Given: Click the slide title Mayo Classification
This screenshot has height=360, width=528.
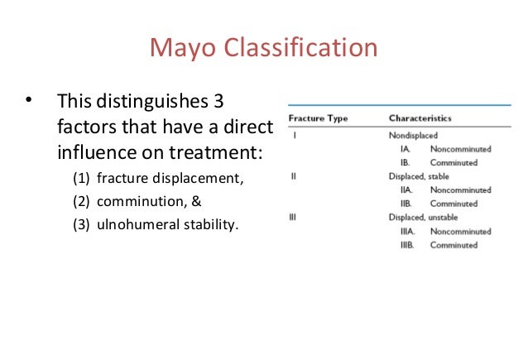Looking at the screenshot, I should [263, 47].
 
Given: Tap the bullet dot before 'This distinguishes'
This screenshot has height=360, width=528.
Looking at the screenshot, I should [28, 103].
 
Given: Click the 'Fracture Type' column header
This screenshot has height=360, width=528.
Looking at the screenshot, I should [318, 119].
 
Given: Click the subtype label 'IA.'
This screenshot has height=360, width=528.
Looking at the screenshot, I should [406, 148].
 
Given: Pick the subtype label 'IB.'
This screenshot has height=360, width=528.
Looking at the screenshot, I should [406, 162].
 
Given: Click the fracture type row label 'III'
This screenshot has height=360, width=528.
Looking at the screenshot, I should [294, 217].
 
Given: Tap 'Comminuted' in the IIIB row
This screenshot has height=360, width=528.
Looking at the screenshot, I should [454, 245].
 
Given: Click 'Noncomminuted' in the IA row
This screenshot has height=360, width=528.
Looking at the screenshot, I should [460, 148].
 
